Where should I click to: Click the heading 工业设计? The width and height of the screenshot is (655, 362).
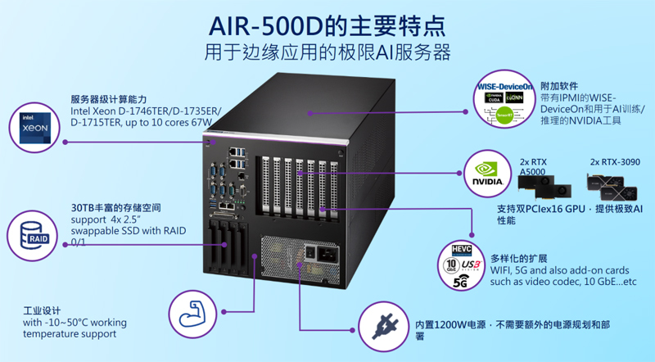(43, 310)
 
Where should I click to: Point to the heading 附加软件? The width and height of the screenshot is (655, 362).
(559, 85)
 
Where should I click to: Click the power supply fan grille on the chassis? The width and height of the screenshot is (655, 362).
(278, 257)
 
